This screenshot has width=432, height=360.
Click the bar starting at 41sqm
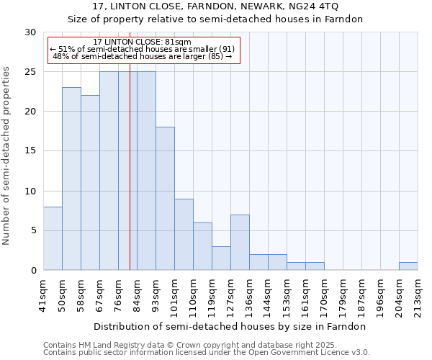coord(53,238)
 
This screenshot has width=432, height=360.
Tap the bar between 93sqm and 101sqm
coord(165,198)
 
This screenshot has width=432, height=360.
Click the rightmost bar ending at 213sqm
coord(408,266)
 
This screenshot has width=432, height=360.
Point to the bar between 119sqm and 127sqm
coord(221,258)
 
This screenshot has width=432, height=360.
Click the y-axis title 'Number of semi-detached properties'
coord(7,156)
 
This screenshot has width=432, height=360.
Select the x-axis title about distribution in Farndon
coord(230,326)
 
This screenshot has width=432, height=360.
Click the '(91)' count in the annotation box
coord(227,49)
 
